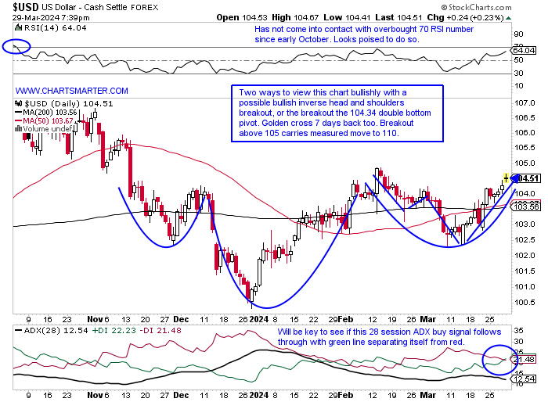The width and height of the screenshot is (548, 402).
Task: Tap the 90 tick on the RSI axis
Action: coord(518,34)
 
